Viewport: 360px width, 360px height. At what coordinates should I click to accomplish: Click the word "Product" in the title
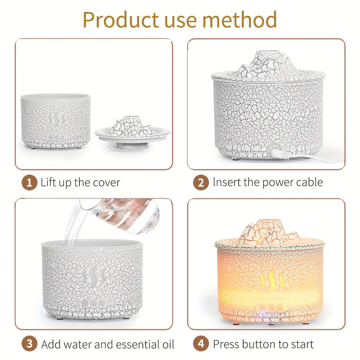pos(121,20)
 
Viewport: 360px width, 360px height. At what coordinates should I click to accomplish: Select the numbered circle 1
pos(30,182)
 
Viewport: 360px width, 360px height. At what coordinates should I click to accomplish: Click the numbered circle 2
pos(201,182)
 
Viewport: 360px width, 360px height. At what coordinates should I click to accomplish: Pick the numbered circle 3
pos(30,344)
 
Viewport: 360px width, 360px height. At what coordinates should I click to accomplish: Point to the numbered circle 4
pos(201,344)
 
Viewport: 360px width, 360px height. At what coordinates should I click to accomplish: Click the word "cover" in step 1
pos(107,183)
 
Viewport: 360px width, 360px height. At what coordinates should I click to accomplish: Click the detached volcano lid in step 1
pos(133,132)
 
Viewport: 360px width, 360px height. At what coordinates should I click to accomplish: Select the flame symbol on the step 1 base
pos(56,119)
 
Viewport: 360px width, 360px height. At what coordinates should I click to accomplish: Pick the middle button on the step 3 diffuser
pos(94,303)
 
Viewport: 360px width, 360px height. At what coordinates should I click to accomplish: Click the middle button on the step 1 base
pos(57,138)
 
